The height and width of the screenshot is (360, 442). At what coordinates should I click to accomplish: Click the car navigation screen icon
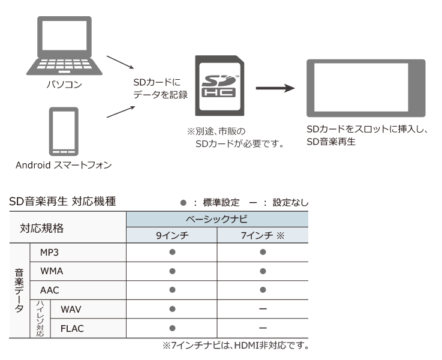(x=365, y=88)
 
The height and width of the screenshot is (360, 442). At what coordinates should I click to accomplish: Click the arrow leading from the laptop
(x=119, y=62)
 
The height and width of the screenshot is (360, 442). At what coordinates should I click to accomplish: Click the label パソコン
(x=65, y=85)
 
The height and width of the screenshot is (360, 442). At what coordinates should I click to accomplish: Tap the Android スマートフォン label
(x=64, y=165)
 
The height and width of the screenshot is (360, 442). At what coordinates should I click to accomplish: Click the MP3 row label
(x=49, y=253)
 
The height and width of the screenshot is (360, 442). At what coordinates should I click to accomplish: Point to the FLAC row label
(x=72, y=328)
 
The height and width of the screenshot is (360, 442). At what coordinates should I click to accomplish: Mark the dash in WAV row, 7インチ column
(x=263, y=310)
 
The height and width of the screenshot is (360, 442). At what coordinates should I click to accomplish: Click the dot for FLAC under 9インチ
(x=172, y=328)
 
